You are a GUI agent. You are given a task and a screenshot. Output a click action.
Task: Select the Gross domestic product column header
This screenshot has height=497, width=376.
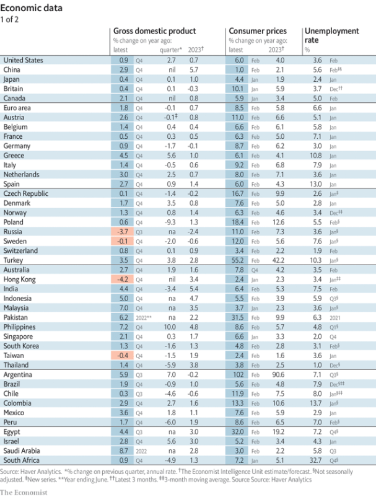click(x=154, y=31)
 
